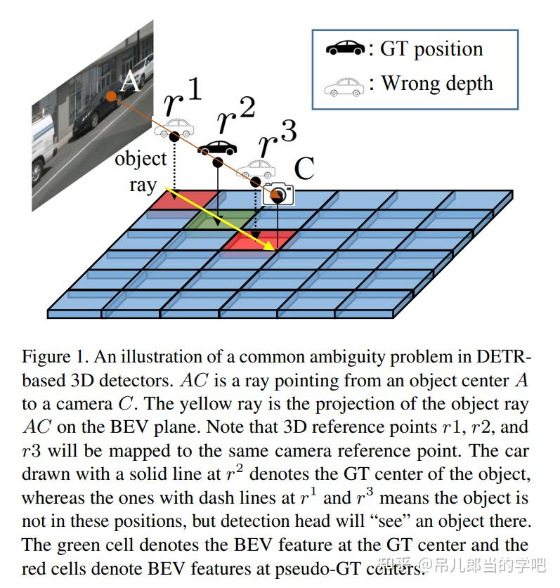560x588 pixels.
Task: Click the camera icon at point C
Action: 278,193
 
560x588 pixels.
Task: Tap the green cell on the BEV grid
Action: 217,220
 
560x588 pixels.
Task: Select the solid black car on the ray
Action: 217,148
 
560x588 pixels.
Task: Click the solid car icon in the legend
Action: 345,48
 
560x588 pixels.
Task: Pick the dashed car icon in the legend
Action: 344,86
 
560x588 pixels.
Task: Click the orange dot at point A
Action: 110,96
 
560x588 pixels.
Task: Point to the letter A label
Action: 131,82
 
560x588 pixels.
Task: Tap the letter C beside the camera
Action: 304,169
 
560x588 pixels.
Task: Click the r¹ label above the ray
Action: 181,98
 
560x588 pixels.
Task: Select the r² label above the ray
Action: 235,117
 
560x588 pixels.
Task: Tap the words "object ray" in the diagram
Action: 141,171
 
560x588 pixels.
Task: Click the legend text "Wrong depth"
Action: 437,84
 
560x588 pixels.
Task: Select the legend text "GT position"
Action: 431,48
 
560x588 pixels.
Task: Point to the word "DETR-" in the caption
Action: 504,356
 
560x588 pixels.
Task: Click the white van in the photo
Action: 44,143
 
